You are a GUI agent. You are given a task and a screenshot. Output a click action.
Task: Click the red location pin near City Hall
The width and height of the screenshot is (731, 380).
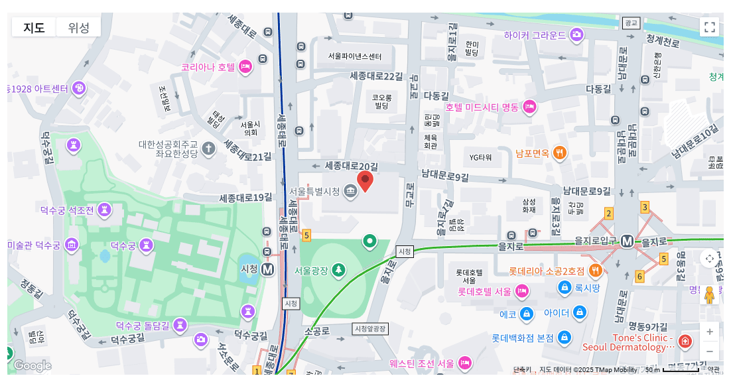click(x=365, y=180)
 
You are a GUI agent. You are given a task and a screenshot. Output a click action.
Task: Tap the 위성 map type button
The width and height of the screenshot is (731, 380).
click(x=78, y=27)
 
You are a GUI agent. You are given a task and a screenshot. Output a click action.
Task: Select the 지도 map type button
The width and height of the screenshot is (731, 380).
click(x=34, y=27)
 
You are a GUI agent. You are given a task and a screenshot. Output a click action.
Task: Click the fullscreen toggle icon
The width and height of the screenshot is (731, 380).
click(x=709, y=27)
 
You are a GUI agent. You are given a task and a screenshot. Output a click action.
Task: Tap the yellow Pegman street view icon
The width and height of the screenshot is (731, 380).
click(x=709, y=294)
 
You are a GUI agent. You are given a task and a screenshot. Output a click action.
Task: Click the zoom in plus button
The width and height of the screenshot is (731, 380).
click(x=709, y=332)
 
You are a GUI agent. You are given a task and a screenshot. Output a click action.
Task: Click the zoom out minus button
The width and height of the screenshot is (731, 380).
click(x=709, y=351)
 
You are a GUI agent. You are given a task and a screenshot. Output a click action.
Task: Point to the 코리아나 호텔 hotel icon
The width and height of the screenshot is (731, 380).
click(x=245, y=66)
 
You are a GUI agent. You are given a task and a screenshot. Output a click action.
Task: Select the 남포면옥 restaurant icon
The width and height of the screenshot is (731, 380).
click(x=560, y=153)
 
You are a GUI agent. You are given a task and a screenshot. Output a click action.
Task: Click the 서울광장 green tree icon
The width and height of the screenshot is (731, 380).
click(x=338, y=269)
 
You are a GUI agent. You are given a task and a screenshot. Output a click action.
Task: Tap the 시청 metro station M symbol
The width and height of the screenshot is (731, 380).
click(x=268, y=269)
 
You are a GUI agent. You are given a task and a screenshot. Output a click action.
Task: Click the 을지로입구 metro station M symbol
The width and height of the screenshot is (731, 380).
click(x=627, y=241)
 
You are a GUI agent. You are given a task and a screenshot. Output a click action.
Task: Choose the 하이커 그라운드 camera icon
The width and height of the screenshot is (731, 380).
click(x=576, y=34)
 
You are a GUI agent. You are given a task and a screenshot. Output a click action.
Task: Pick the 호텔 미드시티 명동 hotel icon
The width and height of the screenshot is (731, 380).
click(x=529, y=107)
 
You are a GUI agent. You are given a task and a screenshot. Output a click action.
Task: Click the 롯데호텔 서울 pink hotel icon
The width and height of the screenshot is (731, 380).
click(x=522, y=291)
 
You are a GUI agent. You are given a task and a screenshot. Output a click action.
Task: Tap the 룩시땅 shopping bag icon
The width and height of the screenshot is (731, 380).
click(x=565, y=287)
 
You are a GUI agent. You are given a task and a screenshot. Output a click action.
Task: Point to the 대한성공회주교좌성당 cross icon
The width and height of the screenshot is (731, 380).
click(x=208, y=148)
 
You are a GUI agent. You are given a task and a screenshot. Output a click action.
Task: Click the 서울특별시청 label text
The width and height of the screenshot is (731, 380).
click(x=315, y=192)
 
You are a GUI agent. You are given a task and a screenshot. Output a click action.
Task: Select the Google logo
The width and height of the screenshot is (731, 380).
click(x=31, y=365)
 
